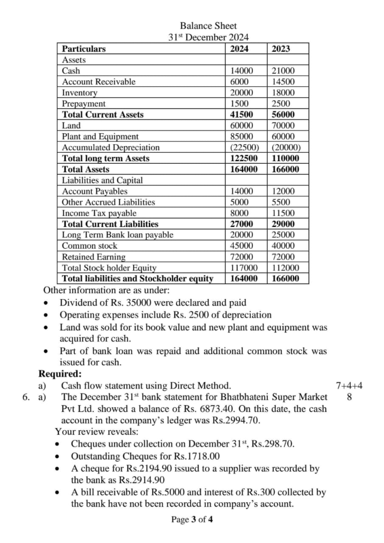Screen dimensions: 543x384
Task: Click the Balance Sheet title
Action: (208, 25)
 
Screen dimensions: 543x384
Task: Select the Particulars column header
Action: (84, 49)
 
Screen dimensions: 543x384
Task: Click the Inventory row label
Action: (80, 93)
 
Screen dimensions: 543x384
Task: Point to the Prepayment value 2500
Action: (281, 104)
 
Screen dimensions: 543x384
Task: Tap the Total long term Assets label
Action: (106, 159)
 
